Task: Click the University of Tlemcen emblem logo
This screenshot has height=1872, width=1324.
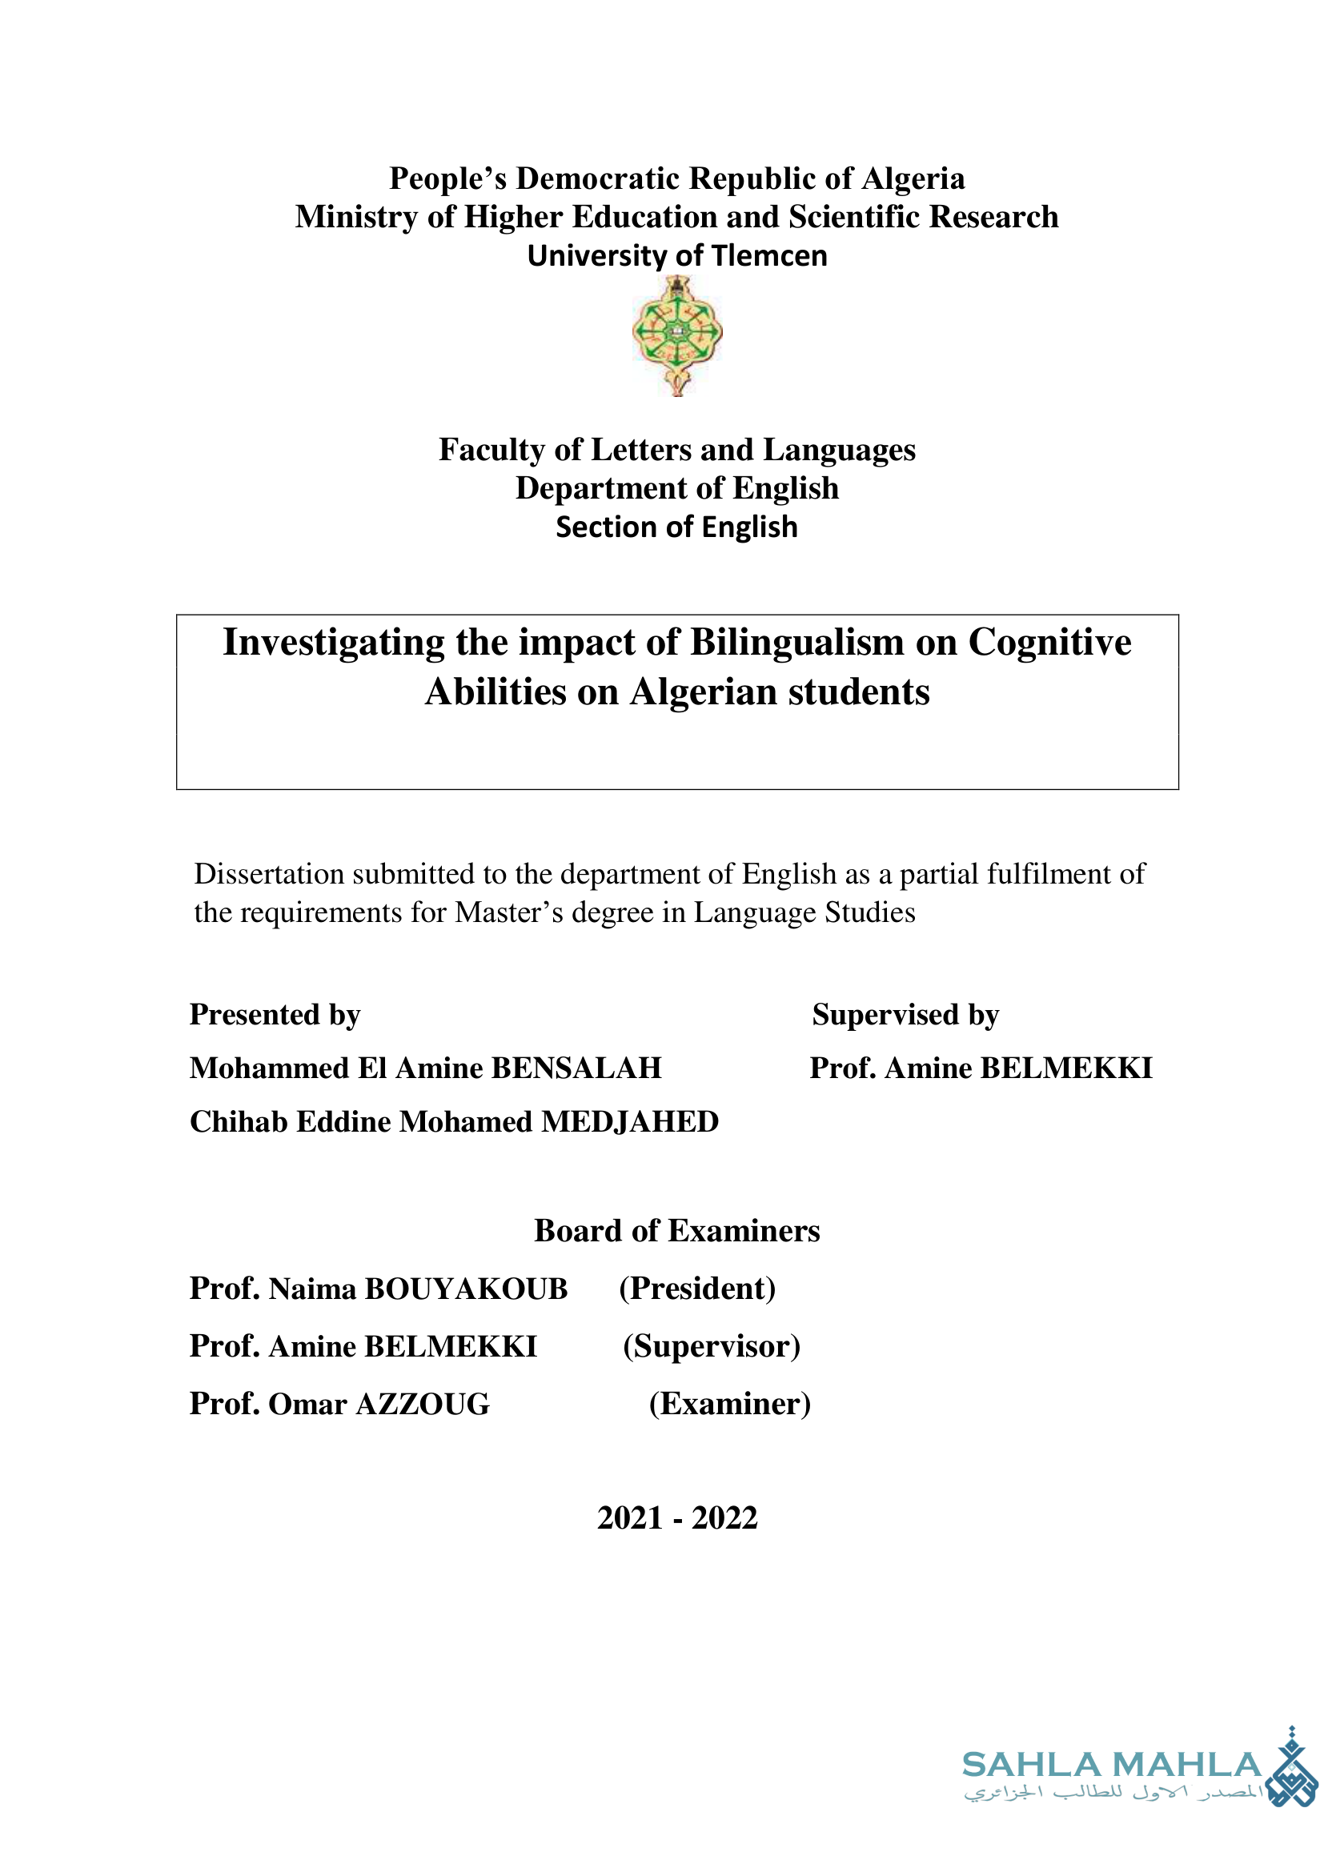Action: point(676,335)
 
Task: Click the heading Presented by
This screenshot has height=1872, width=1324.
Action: point(275,1014)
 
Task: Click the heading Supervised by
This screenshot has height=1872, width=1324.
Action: point(905,1014)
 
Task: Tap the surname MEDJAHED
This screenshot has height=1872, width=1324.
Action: point(629,1122)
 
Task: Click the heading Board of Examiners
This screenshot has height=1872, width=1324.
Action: point(676,1230)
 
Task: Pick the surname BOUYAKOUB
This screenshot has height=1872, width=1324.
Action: point(466,1289)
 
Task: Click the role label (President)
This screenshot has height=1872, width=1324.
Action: point(697,1289)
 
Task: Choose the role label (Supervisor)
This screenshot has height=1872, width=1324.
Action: point(712,1346)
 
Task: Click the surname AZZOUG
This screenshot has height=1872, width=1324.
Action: point(423,1404)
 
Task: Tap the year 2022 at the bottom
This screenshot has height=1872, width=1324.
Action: point(724,1518)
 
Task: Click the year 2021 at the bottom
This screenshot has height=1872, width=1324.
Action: point(629,1518)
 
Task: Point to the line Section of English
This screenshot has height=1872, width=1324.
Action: point(676,527)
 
